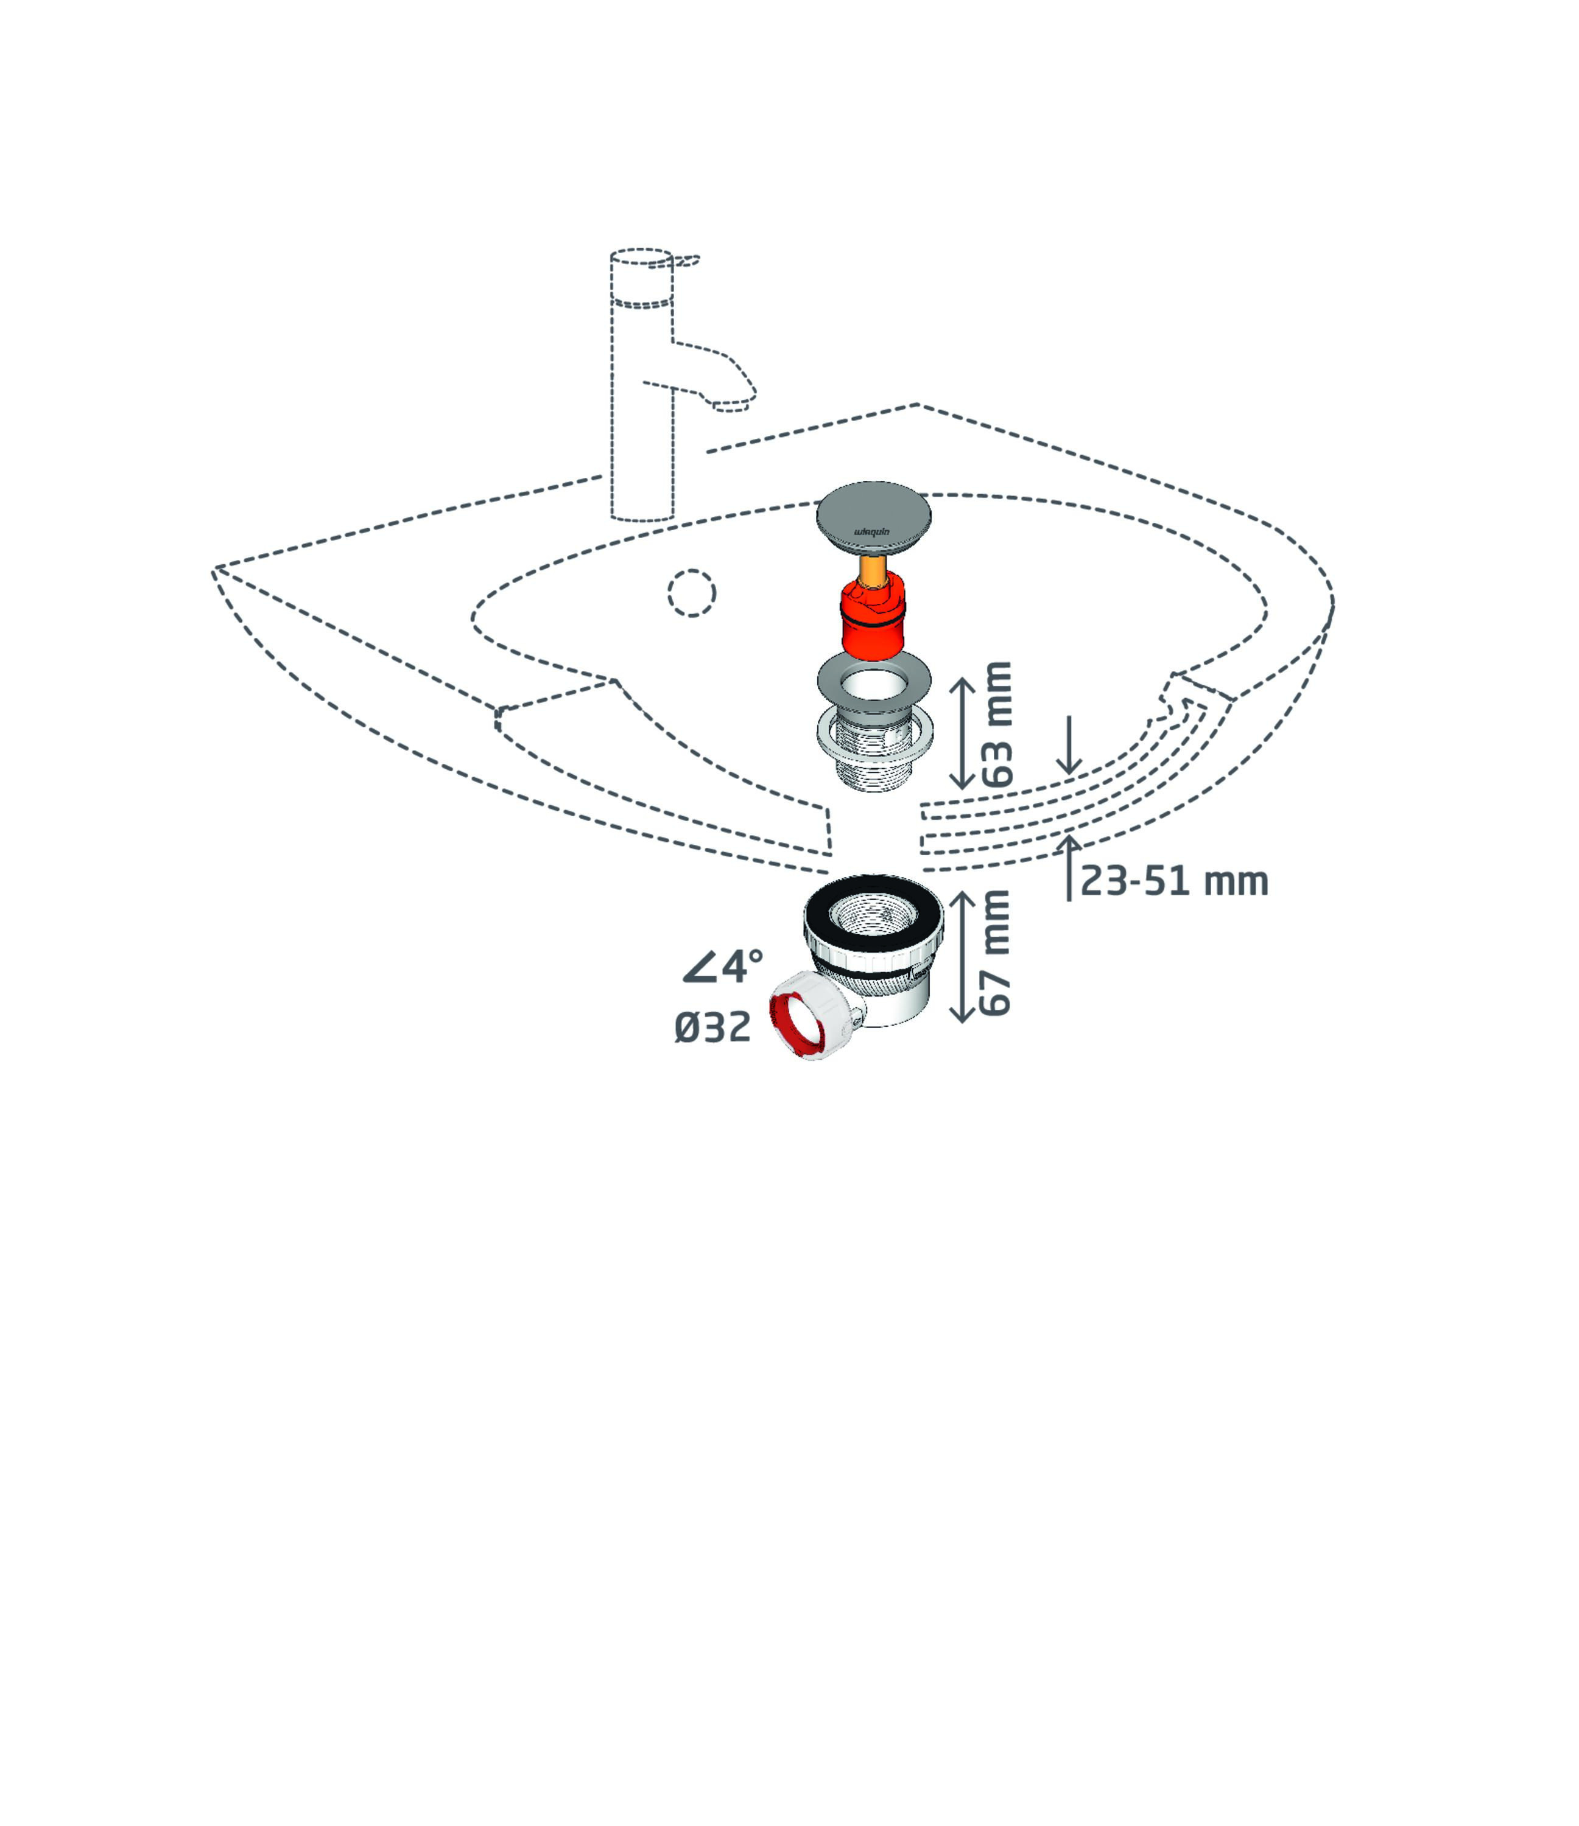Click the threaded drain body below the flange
click(874, 749)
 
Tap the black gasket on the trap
click(874, 913)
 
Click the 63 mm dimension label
click(997, 724)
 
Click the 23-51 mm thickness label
click(1174, 881)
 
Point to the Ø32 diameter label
click(712, 1027)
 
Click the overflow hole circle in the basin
click(691, 593)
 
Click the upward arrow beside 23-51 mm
click(1069, 867)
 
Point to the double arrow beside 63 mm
click(962, 733)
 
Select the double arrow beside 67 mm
click(962, 956)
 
